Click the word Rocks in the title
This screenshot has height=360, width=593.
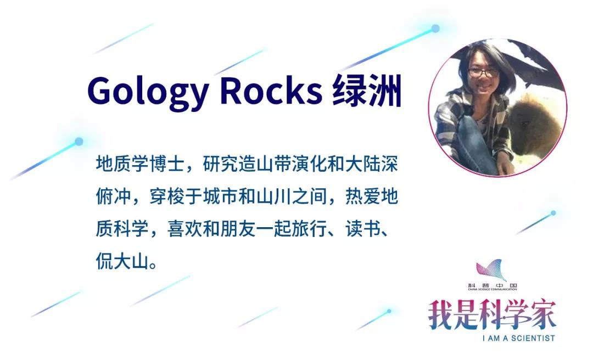tap(271, 91)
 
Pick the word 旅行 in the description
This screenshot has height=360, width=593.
tap(309, 229)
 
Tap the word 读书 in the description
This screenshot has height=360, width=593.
tap(363, 229)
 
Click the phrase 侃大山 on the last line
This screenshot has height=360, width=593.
tap(122, 261)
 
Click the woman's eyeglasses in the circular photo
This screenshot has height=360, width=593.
tap(483, 72)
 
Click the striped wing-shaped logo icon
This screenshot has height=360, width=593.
tap(491, 270)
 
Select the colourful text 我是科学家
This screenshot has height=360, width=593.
tap(492, 315)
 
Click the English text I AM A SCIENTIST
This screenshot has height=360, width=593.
tap(518, 338)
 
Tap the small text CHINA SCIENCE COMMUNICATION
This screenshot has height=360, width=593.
tap(492, 289)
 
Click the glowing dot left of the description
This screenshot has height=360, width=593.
tap(79, 142)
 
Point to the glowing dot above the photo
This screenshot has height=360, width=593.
tap(435, 29)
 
